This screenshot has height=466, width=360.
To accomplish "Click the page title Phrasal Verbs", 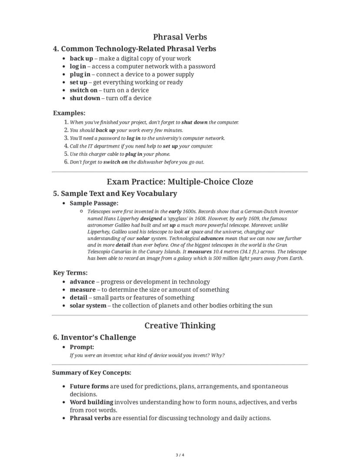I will tap(180, 37).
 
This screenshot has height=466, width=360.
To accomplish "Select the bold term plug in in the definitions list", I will tap(80, 74).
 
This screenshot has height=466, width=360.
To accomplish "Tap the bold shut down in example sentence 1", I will tap(194, 123).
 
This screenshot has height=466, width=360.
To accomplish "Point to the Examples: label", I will tap(69, 113).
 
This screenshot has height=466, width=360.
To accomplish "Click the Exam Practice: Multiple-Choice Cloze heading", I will tap(180, 182).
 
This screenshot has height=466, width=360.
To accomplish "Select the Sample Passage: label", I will tap(94, 203).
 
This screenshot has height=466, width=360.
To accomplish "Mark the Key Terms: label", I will tap(70, 273).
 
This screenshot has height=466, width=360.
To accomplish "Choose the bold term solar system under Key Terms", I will tap(88, 305).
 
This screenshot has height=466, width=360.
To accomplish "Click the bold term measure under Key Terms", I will tap(83, 290).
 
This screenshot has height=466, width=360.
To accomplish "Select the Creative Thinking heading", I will tap(180, 325).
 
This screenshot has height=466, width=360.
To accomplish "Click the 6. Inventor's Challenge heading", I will tap(94, 337).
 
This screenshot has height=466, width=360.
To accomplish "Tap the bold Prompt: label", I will tap(82, 347).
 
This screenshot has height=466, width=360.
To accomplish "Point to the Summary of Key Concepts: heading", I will tap(92, 372).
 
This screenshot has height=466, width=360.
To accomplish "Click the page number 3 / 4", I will tap(180, 455).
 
